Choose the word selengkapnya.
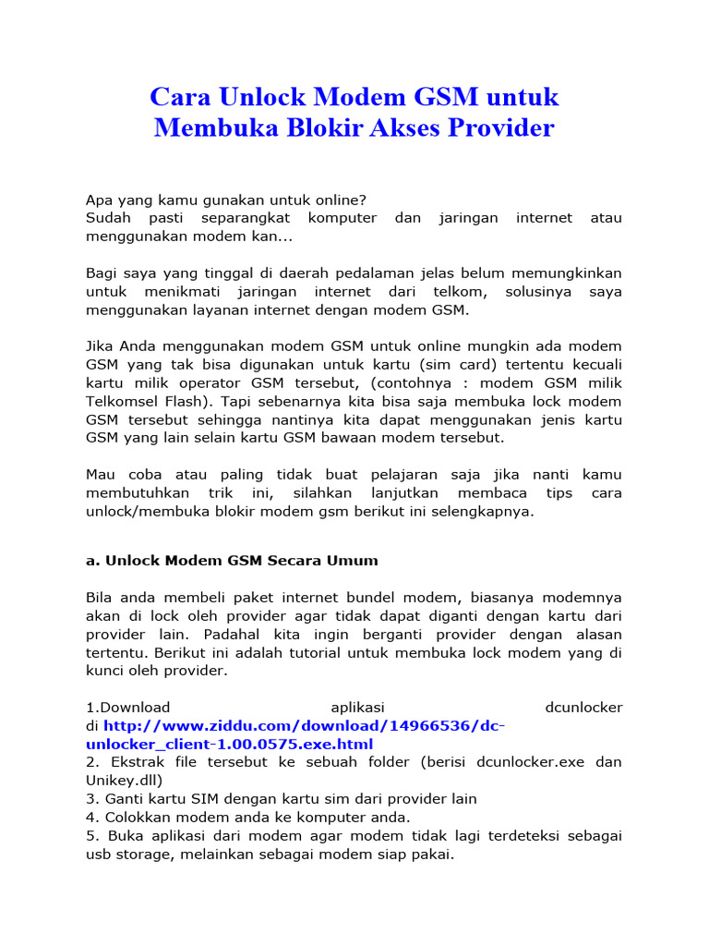click(x=488, y=511)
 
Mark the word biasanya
click(x=481, y=598)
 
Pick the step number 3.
click(x=90, y=798)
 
